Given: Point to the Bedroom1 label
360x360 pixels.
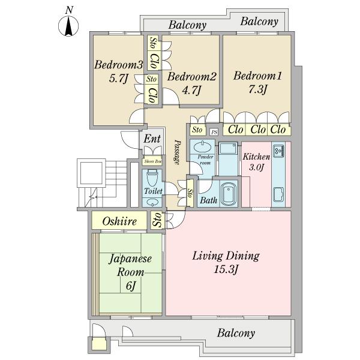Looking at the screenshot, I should tap(257, 76).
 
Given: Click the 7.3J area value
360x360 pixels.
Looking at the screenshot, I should tap(256, 89).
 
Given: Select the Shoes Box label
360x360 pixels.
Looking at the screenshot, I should tap(152, 161).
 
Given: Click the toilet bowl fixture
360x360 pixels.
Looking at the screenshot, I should tap(152, 178).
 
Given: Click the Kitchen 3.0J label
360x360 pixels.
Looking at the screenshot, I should tap(255, 162).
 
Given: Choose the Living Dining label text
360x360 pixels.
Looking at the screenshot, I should tap(226, 256).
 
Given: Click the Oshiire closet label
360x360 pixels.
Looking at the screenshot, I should tap(119, 222).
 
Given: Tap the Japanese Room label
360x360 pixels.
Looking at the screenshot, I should tap(130, 266).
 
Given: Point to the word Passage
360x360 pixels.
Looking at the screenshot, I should tap(178, 153).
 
